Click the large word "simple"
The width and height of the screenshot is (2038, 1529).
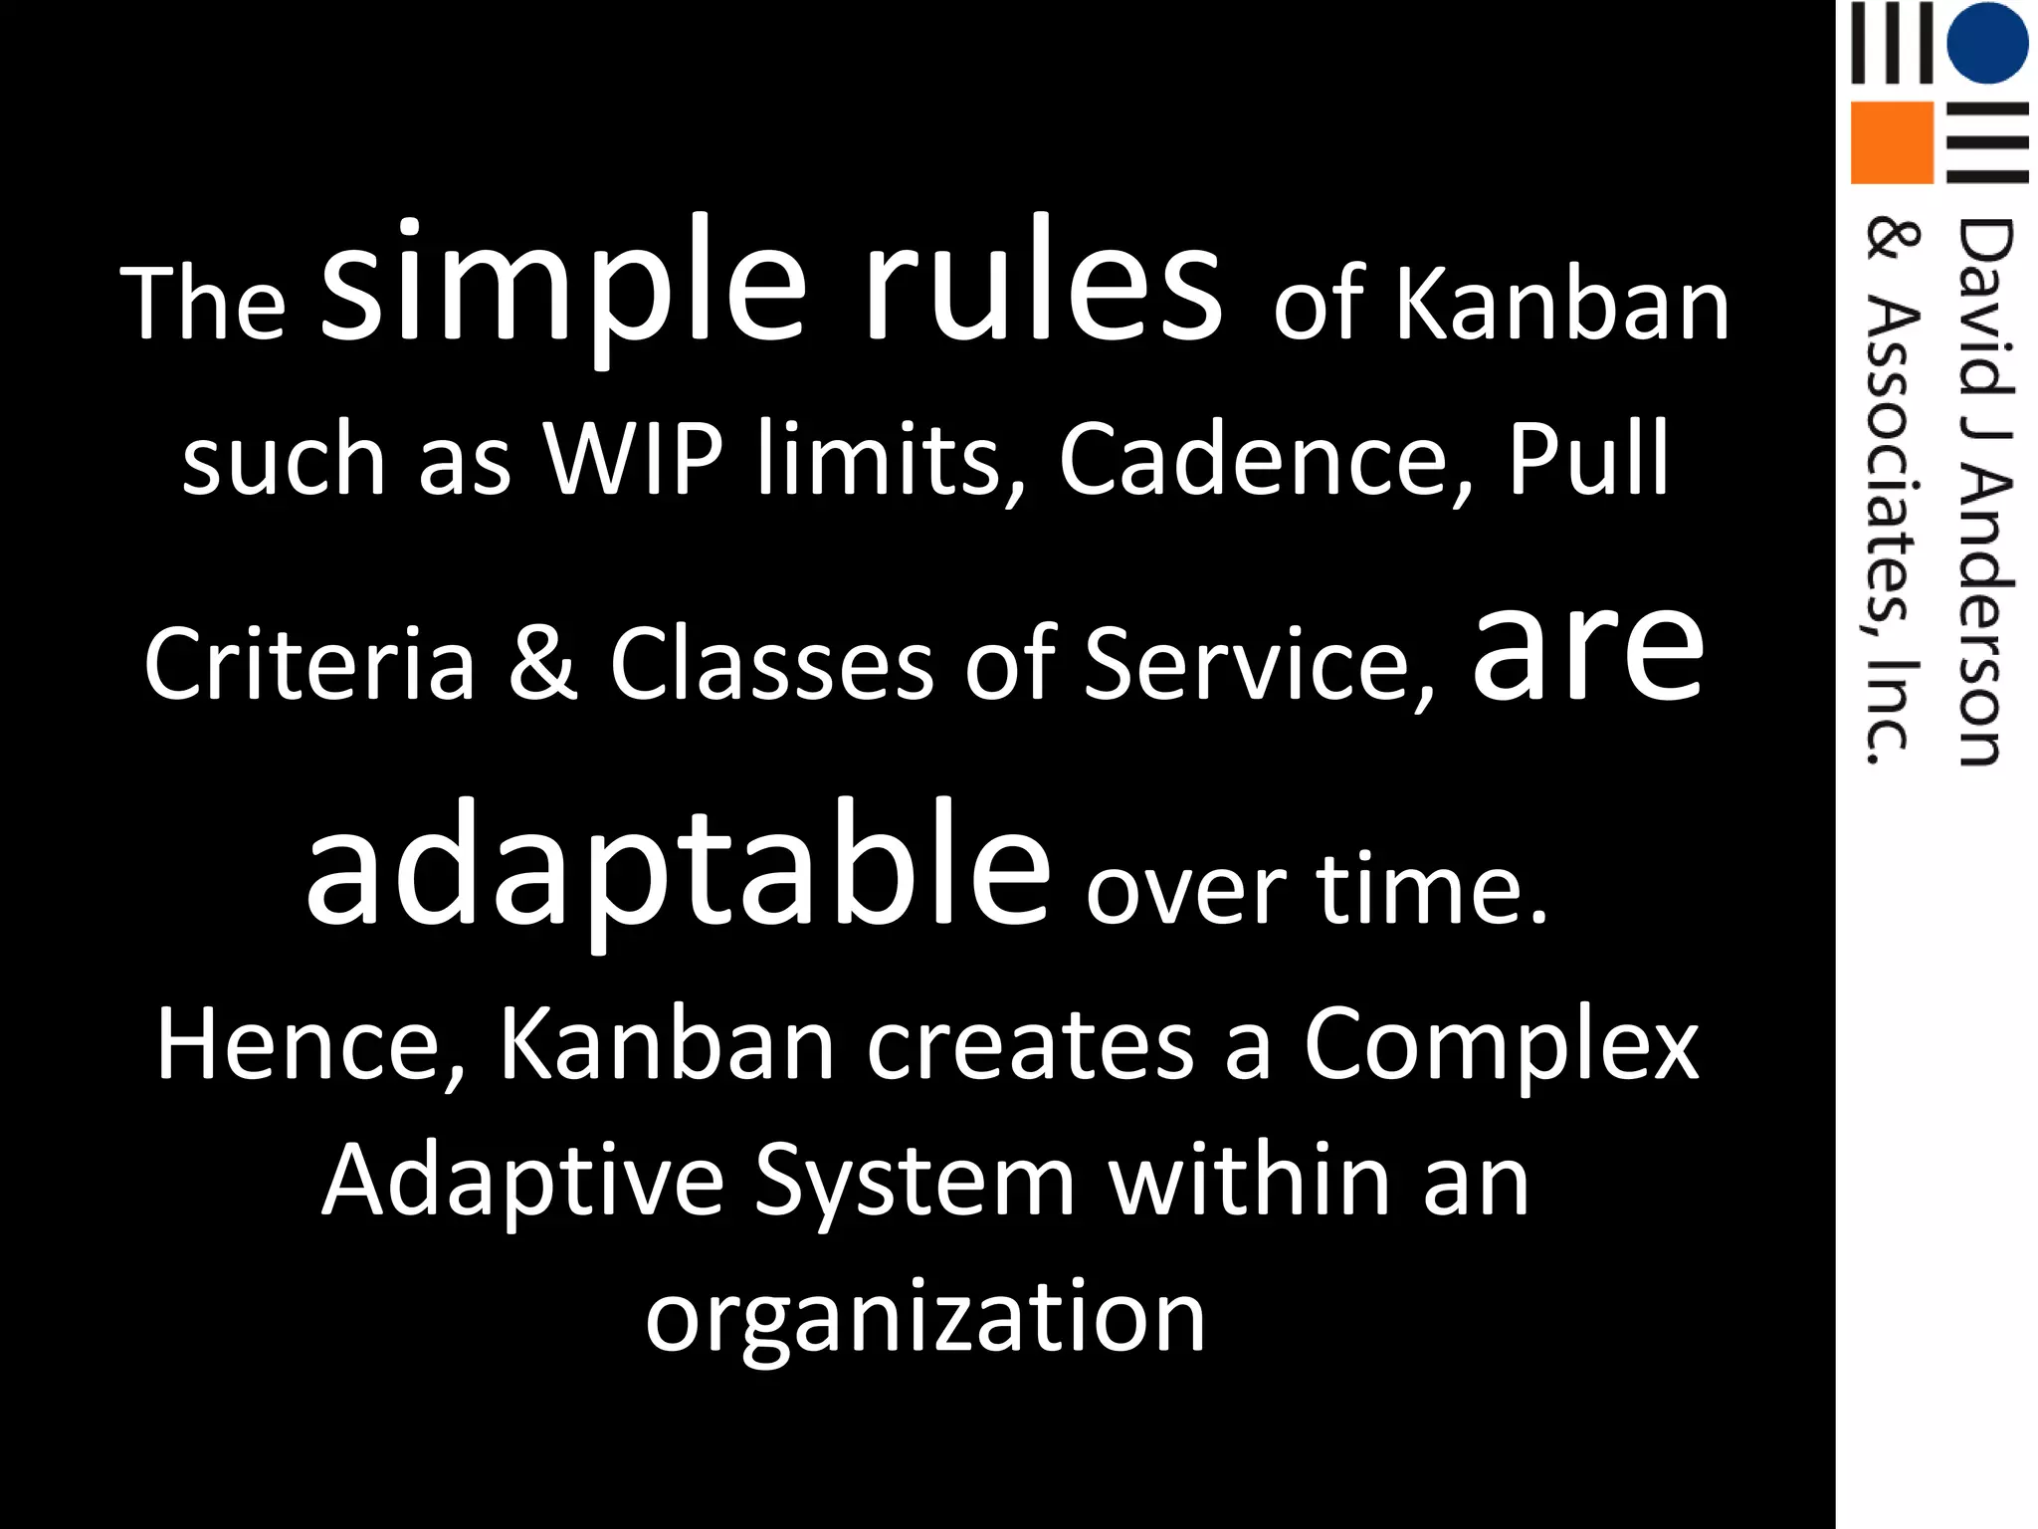pyautogui.click(x=563, y=284)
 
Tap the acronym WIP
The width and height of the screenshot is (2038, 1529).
pyautogui.click(x=633, y=459)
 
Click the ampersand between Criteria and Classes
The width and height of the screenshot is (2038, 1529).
pyautogui.click(x=542, y=662)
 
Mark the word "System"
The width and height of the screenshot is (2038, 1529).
pyautogui.click(x=915, y=1182)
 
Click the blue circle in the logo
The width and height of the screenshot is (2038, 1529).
pyautogui.click(x=1986, y=43)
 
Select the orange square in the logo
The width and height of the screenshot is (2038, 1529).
pyautogui.click(x=1891, y=142)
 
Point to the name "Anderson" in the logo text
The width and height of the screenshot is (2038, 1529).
pyautogui.click(x=1984, y=618)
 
